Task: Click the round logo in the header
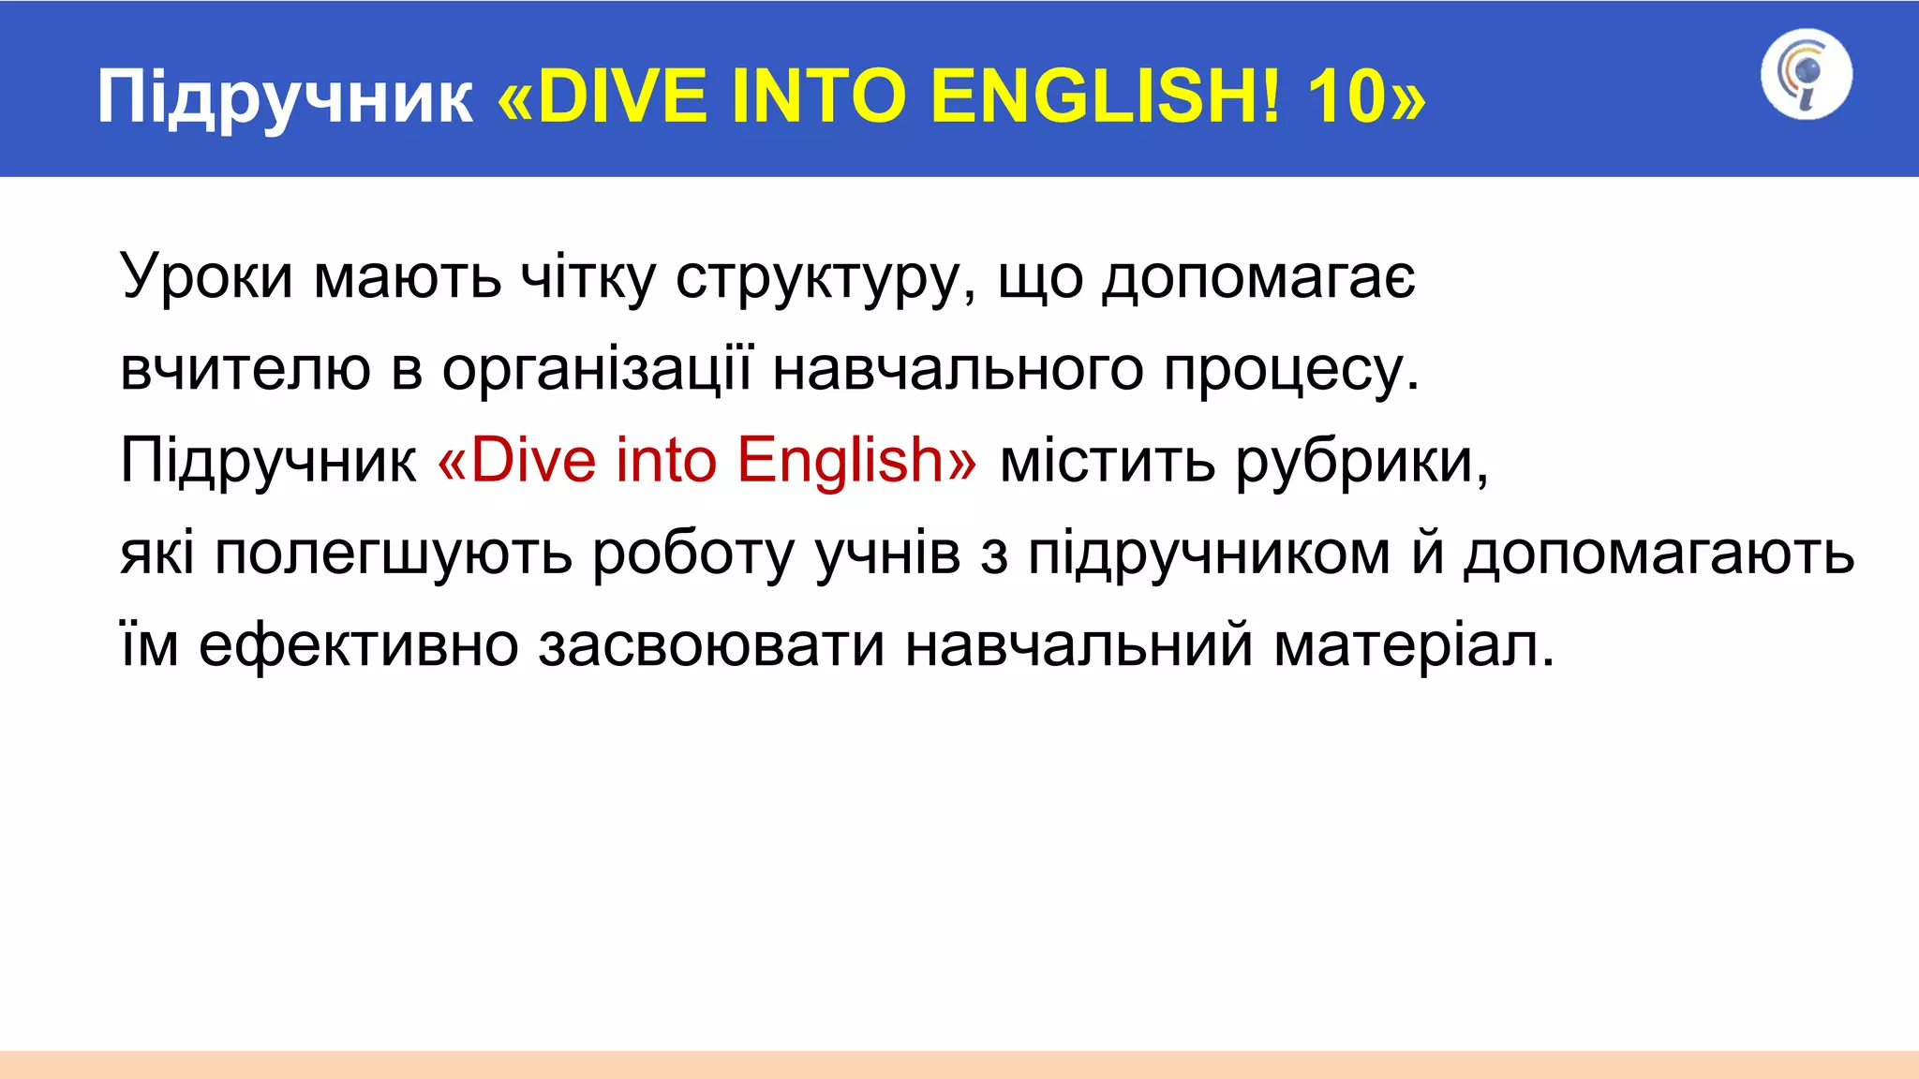click(x=1806, y=75)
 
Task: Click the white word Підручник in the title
click(x=285, y=97)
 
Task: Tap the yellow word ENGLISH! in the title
click(x=1106, y=97)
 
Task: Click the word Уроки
click(x=207, y=277)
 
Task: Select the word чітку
click(x=588, y=277)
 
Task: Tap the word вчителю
click(x=245, y=369)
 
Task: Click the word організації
click(x=597, y=369)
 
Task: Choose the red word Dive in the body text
click(x=532, y=460)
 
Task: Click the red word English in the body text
click(x=840, y=461)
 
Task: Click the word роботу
click(x=692, y=553)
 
